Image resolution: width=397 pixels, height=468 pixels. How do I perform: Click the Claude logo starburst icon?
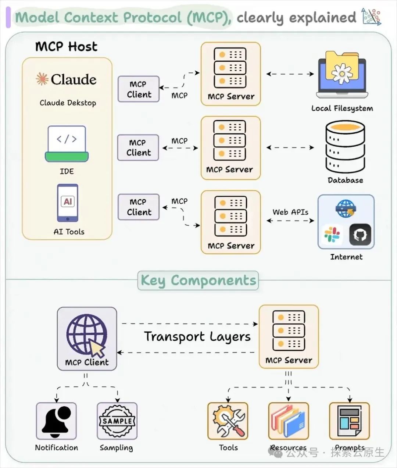click(x=42, y=79)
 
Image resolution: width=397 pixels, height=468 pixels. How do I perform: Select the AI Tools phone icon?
click(x=68, y=203)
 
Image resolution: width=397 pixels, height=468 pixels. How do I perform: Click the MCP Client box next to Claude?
click(x=139, y=89)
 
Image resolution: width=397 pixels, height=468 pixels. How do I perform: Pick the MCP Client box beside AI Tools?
click(x=139, y=207)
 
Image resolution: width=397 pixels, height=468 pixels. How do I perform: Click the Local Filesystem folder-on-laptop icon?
click(x=342, y=75)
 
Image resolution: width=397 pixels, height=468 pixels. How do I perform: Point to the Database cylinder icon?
click(x=345, y=147)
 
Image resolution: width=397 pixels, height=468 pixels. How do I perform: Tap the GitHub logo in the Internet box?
click(x=360, y=235)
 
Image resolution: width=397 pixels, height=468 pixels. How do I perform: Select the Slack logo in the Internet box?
click(x=332, y=235)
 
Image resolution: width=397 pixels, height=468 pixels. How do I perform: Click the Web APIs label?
click(x=290, y=212)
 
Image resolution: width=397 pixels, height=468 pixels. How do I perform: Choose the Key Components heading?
click(x=198, y=281)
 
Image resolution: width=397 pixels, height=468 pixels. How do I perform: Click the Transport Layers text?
click(x=197, y=337)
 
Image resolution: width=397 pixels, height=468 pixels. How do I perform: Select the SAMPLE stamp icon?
click(x=117, y=421)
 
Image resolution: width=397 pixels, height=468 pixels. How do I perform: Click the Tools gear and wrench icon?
click(x=228, y=421)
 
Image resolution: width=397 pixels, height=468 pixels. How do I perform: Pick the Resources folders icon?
click(x=288, y=421)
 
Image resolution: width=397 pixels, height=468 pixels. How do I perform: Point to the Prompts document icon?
click(x=349, y=421)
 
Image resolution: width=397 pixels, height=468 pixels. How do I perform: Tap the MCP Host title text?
click(x=66, y=47)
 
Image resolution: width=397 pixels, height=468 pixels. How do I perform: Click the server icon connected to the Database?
click(x=230, y=140)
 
